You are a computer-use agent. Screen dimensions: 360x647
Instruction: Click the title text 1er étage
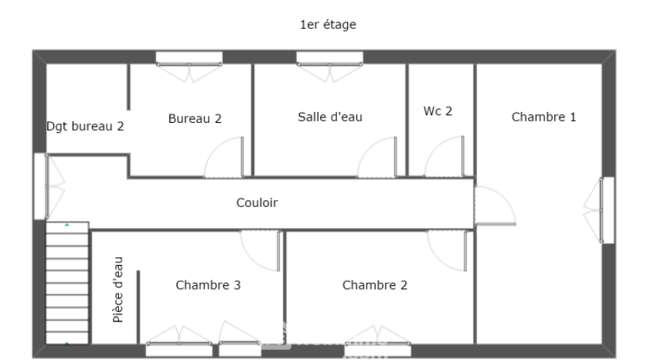click(x=328, y=25)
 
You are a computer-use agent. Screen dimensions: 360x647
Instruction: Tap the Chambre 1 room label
click(x=543, y=117)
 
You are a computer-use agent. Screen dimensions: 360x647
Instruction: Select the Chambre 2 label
click(x=374, y=285)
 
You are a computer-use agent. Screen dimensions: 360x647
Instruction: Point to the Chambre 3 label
click(x=208, y=285)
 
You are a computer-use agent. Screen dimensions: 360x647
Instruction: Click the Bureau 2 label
click(x=195, y=118)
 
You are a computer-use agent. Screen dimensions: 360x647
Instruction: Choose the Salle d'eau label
click(x=330, y=117)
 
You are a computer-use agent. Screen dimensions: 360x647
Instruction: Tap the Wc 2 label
click(x=438, y=111)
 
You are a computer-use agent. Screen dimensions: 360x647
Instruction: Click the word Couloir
click(x=257, y=203)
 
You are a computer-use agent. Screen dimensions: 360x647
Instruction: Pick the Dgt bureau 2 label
click(x=85, y=125)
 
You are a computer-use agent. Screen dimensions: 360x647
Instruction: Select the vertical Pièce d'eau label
click(x=117, y=289)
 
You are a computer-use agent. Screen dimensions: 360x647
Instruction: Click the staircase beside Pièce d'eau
click(x=67, y=283)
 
